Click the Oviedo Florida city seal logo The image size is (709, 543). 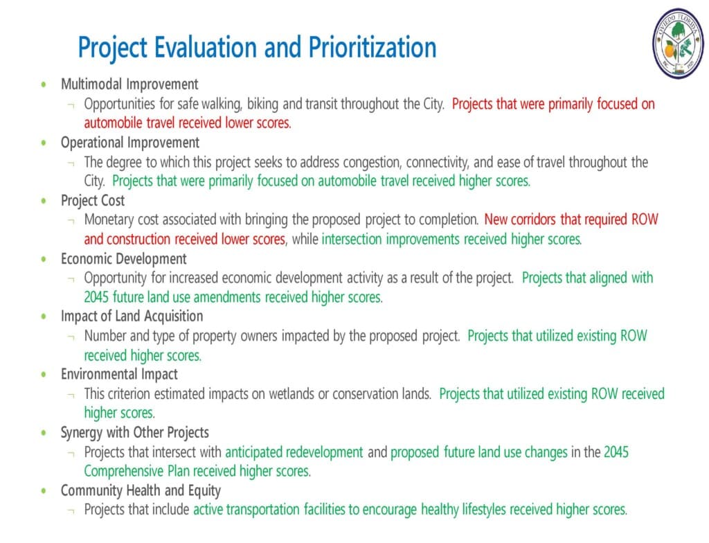[x=678, y=43]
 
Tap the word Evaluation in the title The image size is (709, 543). [x=206, y=47]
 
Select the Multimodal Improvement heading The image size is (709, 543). [x=129, y=84]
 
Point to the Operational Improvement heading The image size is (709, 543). [x=130, y=143]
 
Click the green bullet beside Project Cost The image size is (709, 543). [x=44, y=200]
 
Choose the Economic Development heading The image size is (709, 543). [x=124, y=258]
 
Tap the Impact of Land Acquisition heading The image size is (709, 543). [x=132, y=317]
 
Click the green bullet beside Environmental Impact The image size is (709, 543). [x=44, y=374]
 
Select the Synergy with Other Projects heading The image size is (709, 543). [x=135, y=433]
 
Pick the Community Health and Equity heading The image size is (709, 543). [x=141, y=490]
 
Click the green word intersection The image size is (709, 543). [x=352, y=239]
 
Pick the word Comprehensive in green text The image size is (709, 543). [x=124, y=472]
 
